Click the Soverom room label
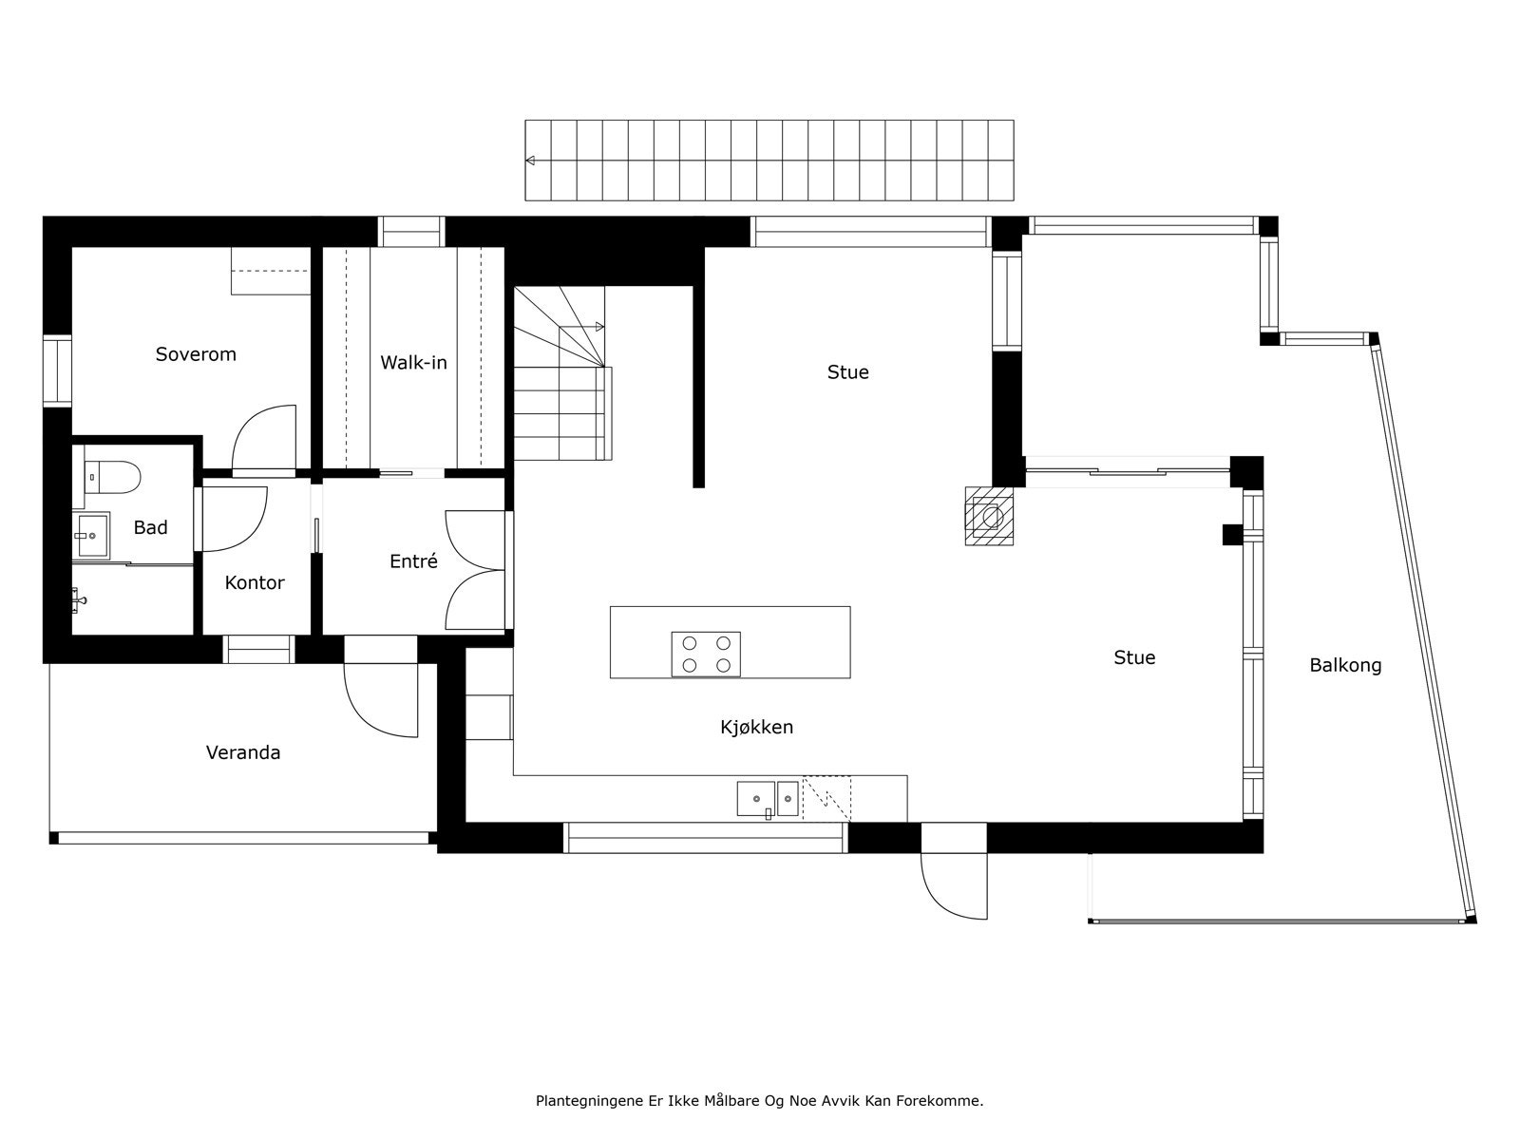(196, 354)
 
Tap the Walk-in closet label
(413, 362)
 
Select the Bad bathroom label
(150, 527)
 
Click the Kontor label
(254, 582)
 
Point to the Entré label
(413, 561)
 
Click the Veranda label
(243, 752)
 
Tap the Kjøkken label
(756, 727)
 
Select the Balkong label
(1345, 665)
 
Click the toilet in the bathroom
(113, 476)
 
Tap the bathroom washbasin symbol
(92, 536)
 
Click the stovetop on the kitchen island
(706, 654)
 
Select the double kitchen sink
(768, 798)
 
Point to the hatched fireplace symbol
(991, 516)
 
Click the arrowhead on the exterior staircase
(531, 161)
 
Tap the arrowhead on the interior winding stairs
(599, 327)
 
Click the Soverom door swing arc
(258, 432)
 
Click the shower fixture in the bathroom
(79, 598)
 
